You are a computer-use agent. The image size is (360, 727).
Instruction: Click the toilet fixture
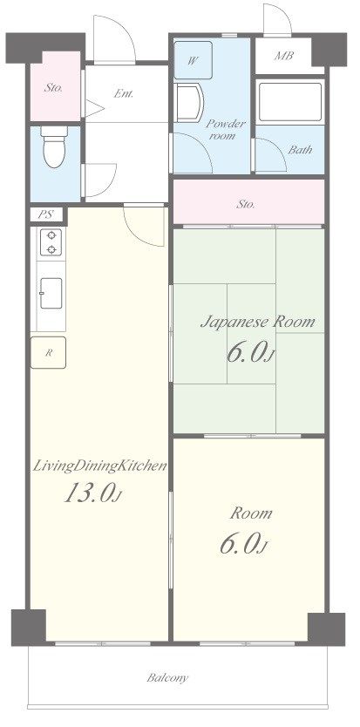54,146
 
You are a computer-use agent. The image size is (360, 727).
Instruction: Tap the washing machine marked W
194,60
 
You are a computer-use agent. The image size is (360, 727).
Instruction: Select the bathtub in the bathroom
290,102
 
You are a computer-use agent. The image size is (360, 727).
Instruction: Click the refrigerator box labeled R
48,352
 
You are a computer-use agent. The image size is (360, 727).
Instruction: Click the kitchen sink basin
51,293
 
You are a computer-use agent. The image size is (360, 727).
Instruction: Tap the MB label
283,56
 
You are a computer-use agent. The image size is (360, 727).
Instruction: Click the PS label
45,214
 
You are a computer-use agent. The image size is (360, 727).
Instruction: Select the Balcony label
167,678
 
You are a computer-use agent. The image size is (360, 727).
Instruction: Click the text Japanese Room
257,322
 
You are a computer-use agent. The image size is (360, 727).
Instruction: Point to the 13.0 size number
92,493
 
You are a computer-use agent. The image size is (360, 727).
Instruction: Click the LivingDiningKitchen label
99,466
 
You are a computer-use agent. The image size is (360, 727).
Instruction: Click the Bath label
300,150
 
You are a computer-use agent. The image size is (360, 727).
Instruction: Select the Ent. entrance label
124,93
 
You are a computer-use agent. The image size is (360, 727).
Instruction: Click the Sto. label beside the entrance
53,87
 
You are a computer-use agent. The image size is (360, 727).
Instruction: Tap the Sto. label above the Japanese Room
246,204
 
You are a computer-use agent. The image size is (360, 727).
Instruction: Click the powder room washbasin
190,103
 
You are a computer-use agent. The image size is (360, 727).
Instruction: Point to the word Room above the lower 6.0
251,513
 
